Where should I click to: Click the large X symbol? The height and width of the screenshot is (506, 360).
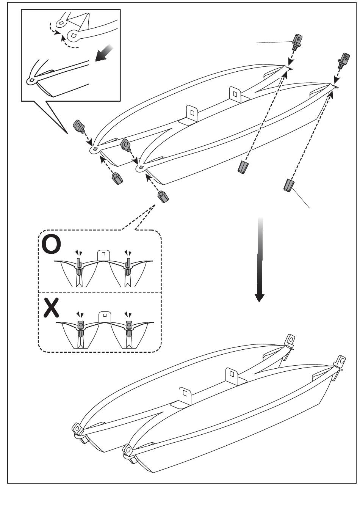click(x=52, y=308)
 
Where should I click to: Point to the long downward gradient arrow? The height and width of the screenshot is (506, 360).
click(x=260, y=260)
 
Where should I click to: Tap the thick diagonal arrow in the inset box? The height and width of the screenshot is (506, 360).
click(x=104, y=53)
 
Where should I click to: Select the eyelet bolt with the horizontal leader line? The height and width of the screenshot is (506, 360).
click(x=298, y=42)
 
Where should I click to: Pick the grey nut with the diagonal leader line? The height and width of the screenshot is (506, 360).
click(x=288, y=185)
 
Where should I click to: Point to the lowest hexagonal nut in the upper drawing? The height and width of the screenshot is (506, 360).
click(x=163, y=196)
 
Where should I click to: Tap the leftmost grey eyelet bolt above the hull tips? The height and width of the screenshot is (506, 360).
click(x=79, y=126)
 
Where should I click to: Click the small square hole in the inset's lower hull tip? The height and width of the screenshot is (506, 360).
click(x=32, y=80)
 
